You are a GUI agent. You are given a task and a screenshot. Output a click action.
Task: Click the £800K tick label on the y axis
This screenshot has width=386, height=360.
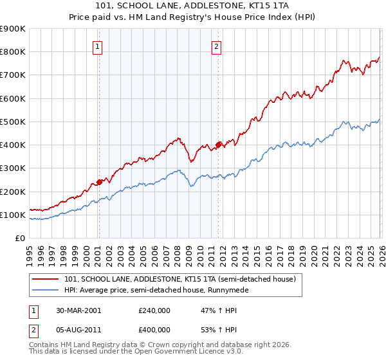point(13,51)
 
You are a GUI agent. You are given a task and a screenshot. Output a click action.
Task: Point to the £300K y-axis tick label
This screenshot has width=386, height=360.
point(13,168)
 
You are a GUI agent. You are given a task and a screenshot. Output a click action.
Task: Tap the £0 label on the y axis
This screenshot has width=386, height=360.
point(19,239)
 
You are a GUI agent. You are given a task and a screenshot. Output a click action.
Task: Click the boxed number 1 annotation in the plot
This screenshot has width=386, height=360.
point(97,46)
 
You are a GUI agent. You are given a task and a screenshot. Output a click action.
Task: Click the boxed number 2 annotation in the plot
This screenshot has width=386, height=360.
point(217,46)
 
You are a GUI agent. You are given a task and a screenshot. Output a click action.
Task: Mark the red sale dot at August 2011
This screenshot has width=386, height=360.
point(218,145)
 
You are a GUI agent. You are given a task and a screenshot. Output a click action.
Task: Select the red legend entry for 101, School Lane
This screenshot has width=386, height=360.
point(179,279)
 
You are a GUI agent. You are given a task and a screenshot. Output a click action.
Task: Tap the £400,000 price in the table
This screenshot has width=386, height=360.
point(154,329)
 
